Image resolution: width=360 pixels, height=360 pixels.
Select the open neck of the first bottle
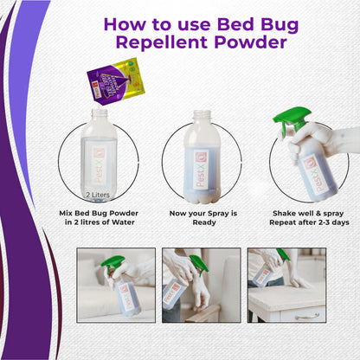coord(95,115)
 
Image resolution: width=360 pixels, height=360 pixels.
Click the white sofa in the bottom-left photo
coord(93,299)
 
